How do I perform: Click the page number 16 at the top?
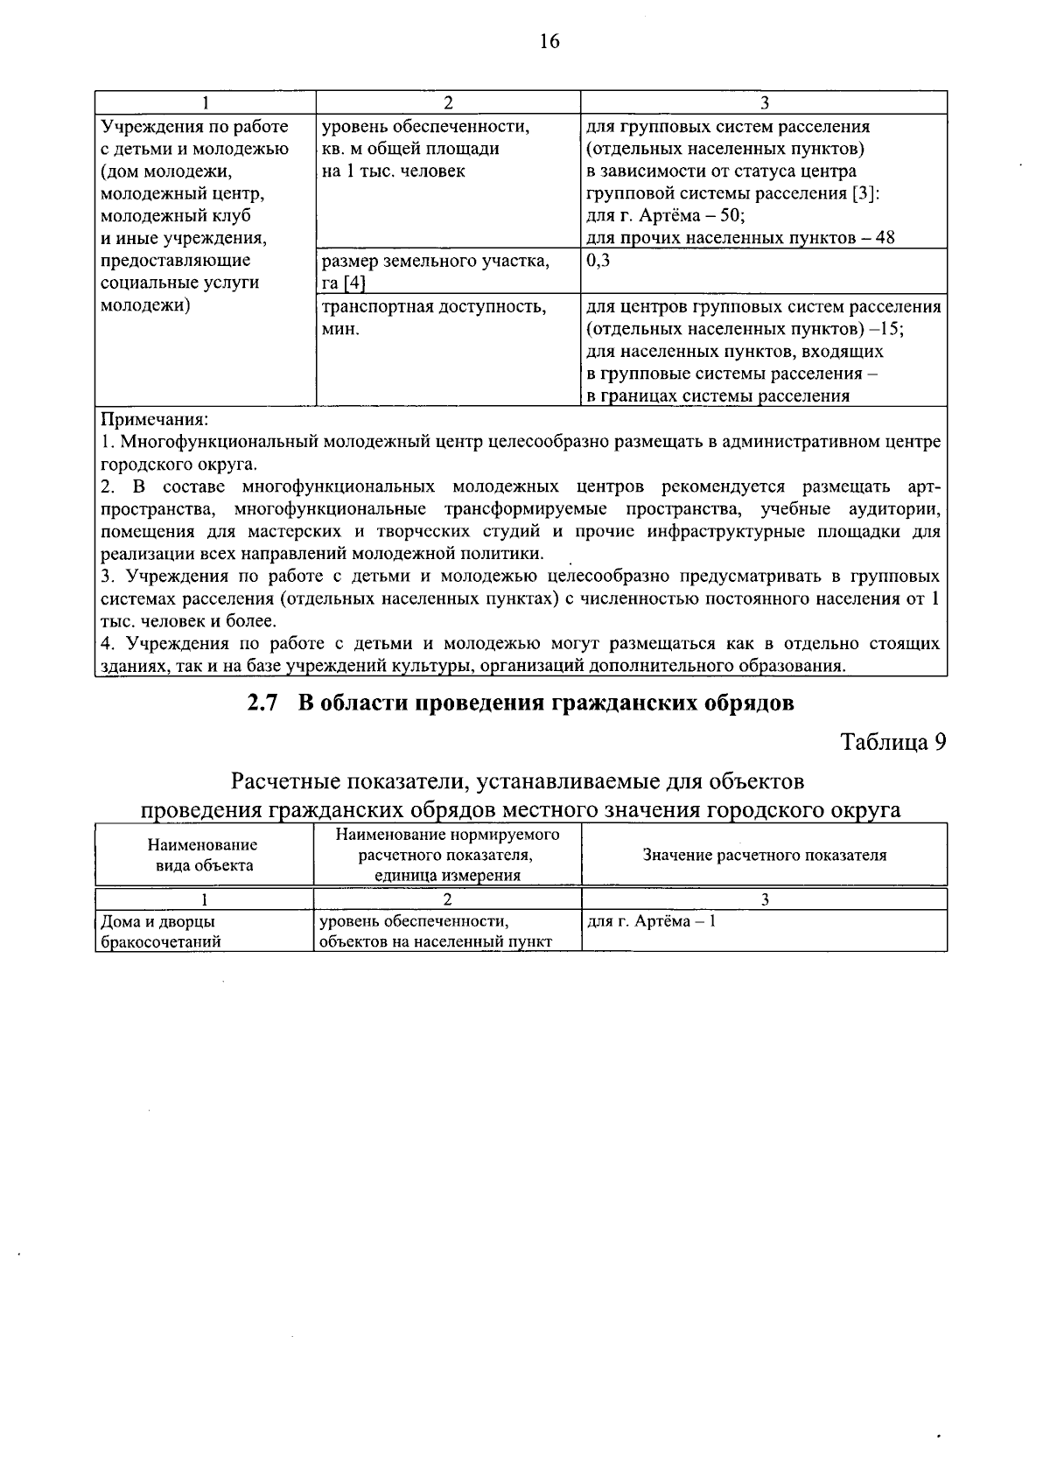[549, 41]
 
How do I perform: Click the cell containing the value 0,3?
[598, 261]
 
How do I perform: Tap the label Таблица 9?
[893, 742]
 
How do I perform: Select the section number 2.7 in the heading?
[262, 703]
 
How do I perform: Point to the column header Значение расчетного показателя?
[764, 855]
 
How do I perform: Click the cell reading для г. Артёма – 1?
[651, 921]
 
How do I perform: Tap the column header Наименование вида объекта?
[202, 855]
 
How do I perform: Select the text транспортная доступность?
[434, 307]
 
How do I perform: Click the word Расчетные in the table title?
[284, 779]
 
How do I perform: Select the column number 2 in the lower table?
[447, 899]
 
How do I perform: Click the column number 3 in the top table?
[763, 103]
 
